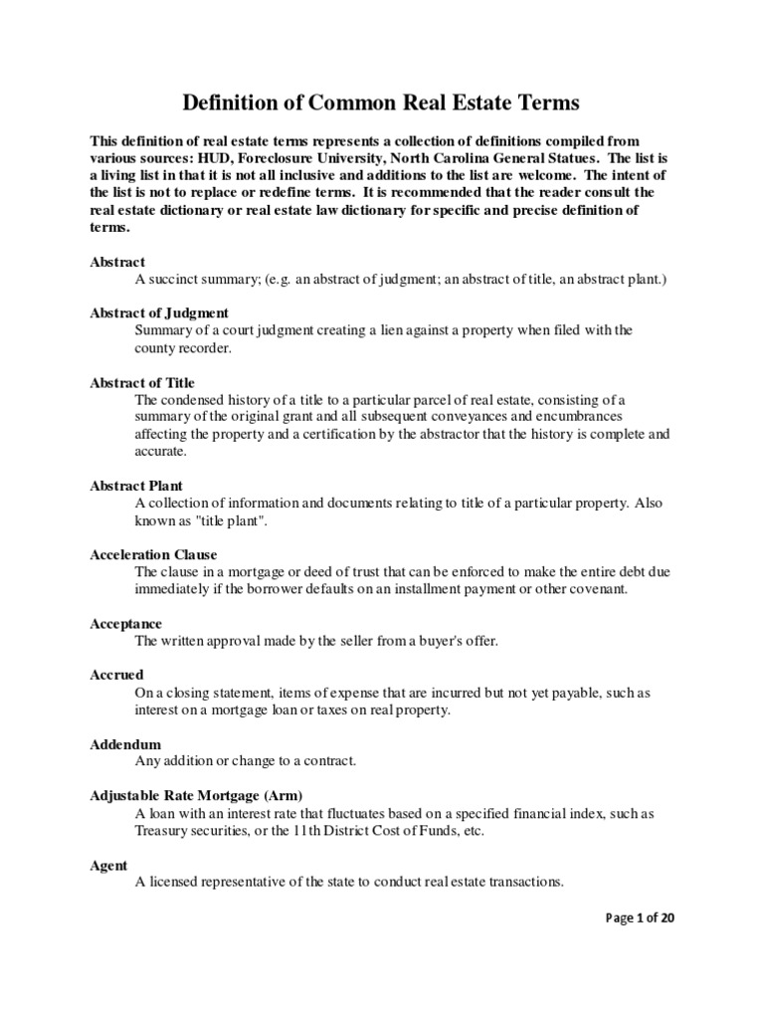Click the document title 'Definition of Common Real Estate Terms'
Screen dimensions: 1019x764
coord(381,102)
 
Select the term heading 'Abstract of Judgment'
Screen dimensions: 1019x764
coord(159,312)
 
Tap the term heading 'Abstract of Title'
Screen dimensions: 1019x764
coord(142,382)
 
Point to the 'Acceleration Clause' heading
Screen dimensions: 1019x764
coord(153,554)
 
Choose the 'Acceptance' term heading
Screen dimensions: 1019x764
coord(126,623)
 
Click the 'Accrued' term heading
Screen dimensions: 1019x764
coord(116,674)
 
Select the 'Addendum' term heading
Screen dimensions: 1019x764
coord(125,743)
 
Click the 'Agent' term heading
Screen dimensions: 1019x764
coord(108,865)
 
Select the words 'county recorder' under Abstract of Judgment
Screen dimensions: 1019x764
coord(183,349)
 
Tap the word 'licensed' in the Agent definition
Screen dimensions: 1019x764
coord(173,882)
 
